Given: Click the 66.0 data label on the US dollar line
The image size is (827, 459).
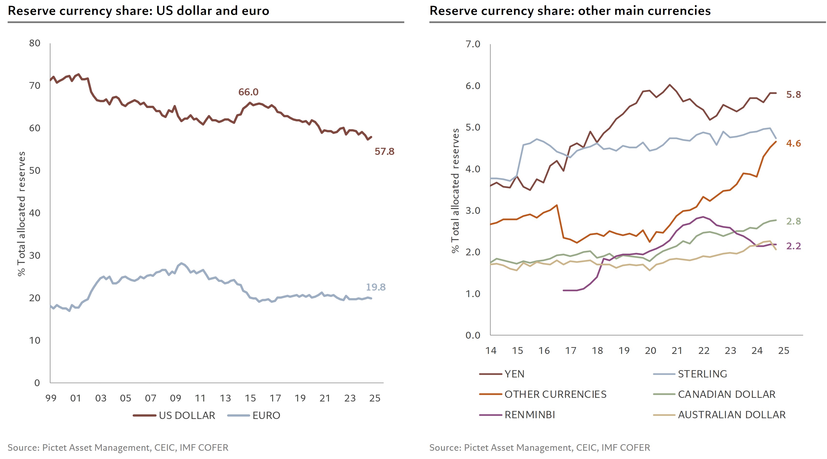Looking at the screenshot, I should (248, 92).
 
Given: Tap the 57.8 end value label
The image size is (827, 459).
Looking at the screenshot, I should (384, 152).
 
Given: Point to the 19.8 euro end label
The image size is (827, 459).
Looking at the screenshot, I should (376, 287).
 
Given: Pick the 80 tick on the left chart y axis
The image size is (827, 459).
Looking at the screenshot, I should (35, 43).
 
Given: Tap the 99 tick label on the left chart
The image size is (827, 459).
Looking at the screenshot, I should (51, 398).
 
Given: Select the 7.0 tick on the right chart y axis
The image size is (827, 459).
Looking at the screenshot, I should (473, 44).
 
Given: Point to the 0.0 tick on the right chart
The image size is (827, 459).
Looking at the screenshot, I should (473, 335).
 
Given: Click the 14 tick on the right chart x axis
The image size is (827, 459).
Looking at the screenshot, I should (491, 351).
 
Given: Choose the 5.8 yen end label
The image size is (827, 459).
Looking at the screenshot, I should (793, 95).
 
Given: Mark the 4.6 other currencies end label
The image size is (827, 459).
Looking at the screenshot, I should (793, 144).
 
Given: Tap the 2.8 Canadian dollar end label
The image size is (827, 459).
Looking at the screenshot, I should (793, 221).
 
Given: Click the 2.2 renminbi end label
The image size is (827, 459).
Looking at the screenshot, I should (793, 246).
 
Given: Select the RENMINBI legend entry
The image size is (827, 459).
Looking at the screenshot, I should (530, 415).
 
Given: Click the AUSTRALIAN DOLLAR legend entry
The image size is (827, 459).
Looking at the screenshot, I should (732, 415).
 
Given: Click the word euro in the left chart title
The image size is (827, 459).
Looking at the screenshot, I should (256, 11).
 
